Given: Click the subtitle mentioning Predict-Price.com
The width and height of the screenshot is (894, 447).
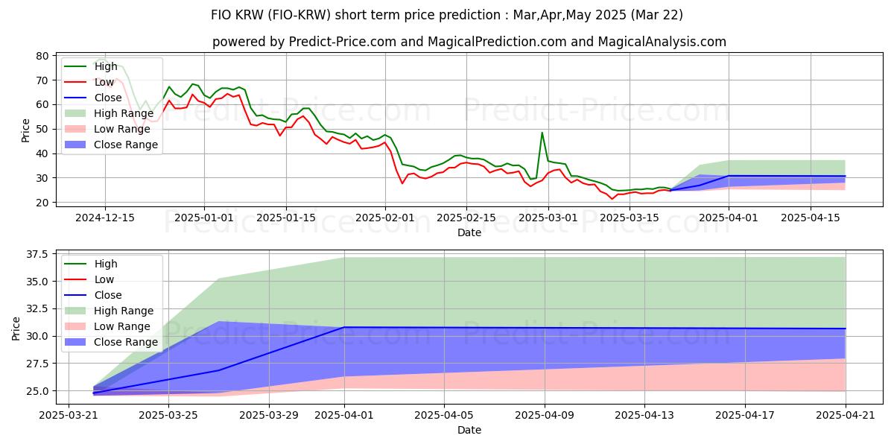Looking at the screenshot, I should tap(469, 42).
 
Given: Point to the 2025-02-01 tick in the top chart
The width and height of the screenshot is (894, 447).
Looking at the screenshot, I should tap(385, 218).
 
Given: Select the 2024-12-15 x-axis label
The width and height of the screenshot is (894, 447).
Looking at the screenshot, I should tap(105, 218).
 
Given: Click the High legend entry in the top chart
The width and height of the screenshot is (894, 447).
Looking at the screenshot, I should tap(105, 66).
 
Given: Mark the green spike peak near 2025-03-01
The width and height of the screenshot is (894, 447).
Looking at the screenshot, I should tap(542, 133).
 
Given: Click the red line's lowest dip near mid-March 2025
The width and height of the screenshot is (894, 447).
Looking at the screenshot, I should tap(612, 199).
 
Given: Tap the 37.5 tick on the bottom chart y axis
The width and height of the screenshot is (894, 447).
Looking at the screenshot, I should tap(37, 254).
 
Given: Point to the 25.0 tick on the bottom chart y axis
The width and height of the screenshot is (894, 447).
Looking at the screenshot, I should tap(37, 391).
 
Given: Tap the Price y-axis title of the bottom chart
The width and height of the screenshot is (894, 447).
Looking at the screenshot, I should tap(16, 328).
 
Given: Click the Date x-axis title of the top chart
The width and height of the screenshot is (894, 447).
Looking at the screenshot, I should tap(469, 232).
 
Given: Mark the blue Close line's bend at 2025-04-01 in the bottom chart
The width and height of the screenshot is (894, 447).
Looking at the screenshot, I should tap(344, 327).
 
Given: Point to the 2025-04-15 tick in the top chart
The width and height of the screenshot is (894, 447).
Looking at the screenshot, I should tap(810, 218).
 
